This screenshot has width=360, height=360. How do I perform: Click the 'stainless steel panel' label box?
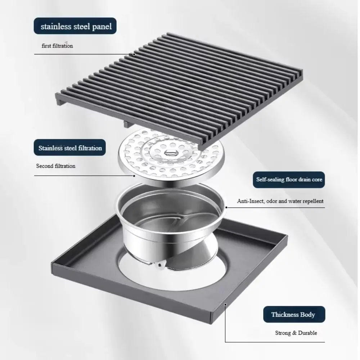point(76,26)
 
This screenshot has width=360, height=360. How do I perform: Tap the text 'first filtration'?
point(57,46)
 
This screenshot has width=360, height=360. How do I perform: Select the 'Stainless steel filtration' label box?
point(70,148)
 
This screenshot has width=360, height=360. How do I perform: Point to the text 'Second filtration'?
point(56,166)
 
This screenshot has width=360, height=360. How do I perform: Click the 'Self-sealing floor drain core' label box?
point(289,179)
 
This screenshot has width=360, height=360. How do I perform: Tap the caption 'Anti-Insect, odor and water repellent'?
point(280,201)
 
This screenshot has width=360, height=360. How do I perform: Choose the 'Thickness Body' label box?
point(293,314)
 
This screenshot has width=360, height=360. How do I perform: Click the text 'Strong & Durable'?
point(296,333)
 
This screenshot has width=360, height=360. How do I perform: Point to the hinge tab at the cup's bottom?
point(158,266)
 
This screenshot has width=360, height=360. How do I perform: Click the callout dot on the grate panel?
point(134,54)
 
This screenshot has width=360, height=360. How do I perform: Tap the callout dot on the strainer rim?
point(134,176)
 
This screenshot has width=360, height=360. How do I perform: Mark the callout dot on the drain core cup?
point(226,207)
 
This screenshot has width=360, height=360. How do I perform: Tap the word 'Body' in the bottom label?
point(307,314)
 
